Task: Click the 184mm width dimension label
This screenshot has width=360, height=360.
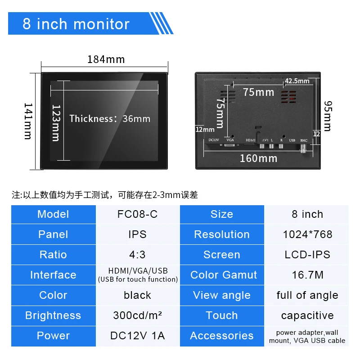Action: (106, 59)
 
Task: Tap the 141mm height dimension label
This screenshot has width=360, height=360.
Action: (28, 121)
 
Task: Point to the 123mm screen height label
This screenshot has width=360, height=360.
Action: (56, 122)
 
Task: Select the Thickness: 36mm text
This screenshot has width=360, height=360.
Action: (110, 119)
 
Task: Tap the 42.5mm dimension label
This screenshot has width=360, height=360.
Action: (297, 81)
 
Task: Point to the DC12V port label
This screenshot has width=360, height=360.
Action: (214, 140)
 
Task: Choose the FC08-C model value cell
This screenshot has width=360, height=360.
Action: (137, 214)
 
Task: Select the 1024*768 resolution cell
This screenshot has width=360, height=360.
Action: (307, 234)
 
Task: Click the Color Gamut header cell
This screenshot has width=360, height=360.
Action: (222, 275)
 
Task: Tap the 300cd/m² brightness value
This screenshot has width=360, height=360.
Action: (137, 315)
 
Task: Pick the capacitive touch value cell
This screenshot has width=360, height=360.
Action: (307, 315)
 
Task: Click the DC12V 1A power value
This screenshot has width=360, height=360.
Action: (137, 336)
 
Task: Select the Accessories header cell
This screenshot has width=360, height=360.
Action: (222, 336)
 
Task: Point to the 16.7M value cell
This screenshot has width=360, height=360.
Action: (307, 275)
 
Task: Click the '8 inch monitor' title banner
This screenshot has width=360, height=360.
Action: (76, 24)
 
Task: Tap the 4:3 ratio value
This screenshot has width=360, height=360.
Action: (137, 255)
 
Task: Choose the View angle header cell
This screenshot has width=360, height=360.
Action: (222, 295)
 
